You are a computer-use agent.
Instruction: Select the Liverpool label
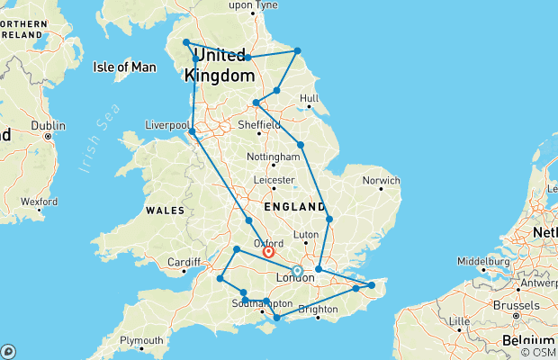point(166,125)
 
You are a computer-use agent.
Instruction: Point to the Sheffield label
point(259,125)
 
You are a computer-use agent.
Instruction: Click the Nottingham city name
point(272,157)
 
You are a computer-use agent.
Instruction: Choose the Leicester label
point(275,180)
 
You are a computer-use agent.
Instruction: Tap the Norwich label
point(381,180)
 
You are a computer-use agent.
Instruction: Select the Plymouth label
point(142,340)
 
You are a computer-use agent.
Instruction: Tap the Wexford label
point(40,202)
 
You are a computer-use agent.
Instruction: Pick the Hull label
point(310,98)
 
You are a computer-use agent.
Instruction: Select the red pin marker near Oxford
point(268,253)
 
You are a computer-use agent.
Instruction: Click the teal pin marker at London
point(297,270)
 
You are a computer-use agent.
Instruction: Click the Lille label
point(460,320)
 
